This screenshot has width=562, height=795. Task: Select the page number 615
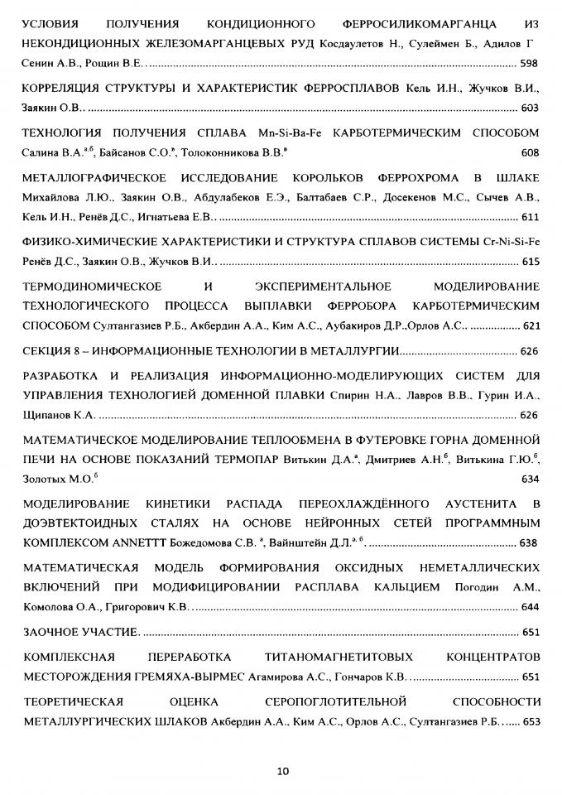[530, 262]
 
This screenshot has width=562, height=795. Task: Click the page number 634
[530, 479]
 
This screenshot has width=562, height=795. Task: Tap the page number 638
[530, 543]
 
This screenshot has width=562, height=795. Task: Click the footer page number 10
[282, 771]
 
